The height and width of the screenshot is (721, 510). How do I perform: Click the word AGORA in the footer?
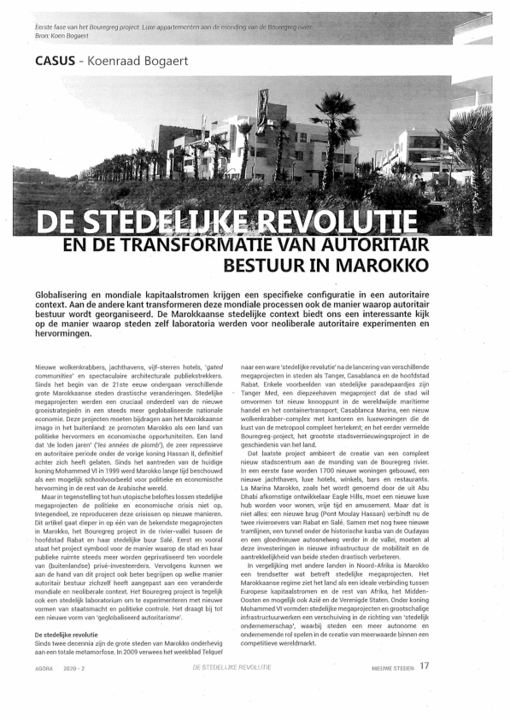(x=45, y=667)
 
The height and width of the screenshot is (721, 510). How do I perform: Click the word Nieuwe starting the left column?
(x=47, y=366)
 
